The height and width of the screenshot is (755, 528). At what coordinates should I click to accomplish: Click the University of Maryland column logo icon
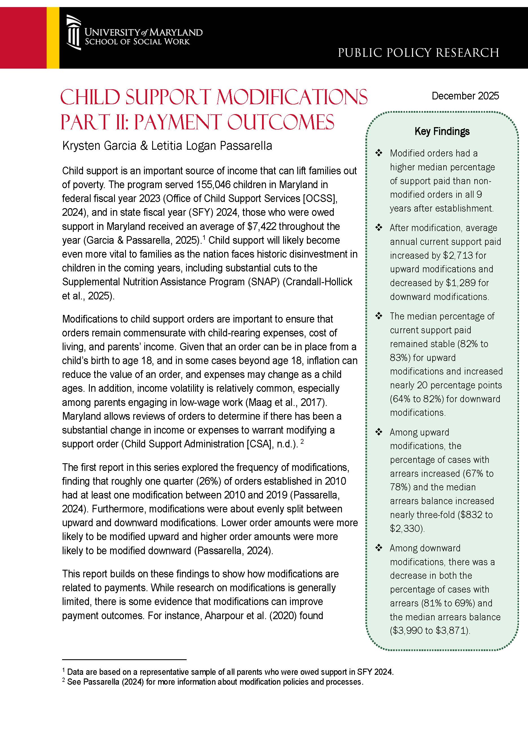tap(73, 32)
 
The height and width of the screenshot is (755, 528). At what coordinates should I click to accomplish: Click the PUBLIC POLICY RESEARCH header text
tap(418, 53)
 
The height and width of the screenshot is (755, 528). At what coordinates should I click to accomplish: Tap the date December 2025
tap(465, 96)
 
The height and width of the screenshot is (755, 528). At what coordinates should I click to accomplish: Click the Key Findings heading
tap(442, 131)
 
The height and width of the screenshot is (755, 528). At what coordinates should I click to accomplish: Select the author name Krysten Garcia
tap(99, 146)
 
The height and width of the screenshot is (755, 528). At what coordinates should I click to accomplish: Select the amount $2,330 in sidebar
tap(406, 528)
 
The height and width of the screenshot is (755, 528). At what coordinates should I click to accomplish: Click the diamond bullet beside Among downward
tap(379, 548)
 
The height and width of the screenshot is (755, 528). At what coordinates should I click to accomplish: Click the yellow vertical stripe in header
tap(53, 38)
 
